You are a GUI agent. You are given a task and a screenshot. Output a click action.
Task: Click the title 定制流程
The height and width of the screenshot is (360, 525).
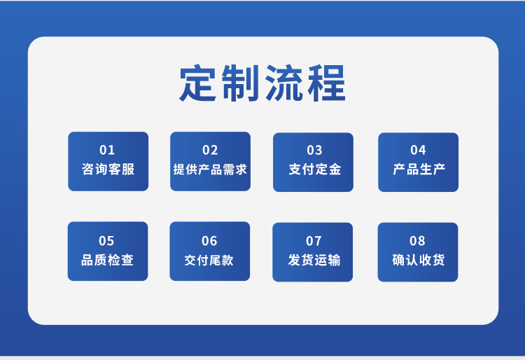click(x=262, y=84)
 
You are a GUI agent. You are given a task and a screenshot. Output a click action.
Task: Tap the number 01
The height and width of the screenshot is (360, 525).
click(x=107, y=150)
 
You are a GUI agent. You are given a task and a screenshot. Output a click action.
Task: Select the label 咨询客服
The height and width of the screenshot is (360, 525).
click(x=108, y=169)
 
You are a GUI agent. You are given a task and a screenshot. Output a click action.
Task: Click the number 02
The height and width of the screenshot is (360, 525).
click(x=210, y=150)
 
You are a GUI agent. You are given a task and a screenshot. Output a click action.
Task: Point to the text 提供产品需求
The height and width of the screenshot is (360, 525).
click(x=210, y=169)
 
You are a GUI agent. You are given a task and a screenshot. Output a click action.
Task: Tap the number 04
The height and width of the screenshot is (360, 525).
click(x=418, y=150)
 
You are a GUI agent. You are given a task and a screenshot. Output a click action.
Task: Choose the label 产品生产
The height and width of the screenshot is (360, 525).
click(x=419, y=169)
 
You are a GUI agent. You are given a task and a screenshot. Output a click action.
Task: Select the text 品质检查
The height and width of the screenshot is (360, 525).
click(x=107, y=261)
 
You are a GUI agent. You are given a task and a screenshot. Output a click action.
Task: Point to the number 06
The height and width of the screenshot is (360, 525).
click(x=209, y=241)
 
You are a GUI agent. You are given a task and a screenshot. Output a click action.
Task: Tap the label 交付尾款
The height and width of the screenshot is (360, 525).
click(x=209, y=261)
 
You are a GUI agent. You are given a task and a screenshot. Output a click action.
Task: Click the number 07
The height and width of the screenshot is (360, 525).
click(x=314, y=241)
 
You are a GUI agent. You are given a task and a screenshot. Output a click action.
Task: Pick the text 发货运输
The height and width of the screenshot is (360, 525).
click(x=314, y=261)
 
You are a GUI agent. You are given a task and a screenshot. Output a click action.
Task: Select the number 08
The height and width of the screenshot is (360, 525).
click(x=417, y=241)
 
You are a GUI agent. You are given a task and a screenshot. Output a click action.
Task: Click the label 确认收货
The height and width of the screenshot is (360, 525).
click(x=418, y=261)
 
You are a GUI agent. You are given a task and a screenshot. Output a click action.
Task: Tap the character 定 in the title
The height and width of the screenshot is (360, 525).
click(x=198, y=84)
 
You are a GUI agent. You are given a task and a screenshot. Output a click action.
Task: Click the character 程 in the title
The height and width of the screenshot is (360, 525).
click(x=327, y=84)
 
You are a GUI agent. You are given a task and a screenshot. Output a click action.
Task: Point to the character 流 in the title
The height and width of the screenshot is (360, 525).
click(x=284, y=84)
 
